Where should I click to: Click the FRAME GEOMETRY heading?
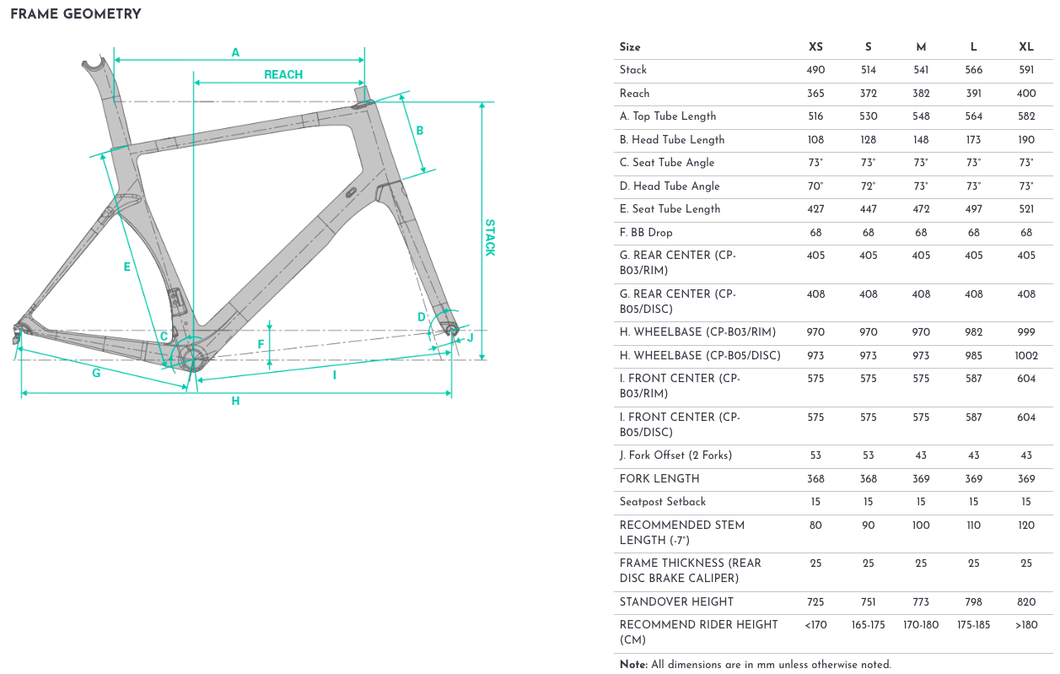[76, 14]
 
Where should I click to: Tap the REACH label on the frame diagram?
[283, 75]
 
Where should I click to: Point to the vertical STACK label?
[490, 238]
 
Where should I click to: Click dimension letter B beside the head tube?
[419, 131]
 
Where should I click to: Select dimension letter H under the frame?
[235, 402]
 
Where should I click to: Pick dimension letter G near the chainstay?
[96, 373]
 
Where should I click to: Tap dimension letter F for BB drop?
[261, 344]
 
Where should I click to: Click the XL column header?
[1026, 47]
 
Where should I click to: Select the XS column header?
[815, 47]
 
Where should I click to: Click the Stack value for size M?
[921, 70]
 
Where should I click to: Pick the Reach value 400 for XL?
[1026, 94]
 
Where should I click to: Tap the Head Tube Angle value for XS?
[815, 186]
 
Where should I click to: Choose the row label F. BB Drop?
[646, 232]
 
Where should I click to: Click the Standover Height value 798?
[973, 602]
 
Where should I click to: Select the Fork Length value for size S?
[868, 479]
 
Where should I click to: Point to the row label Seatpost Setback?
[663, 502]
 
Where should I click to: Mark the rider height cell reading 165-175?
[868, 625]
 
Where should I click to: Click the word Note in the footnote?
[633, 665]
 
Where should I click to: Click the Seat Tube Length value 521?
[1026, 209]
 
